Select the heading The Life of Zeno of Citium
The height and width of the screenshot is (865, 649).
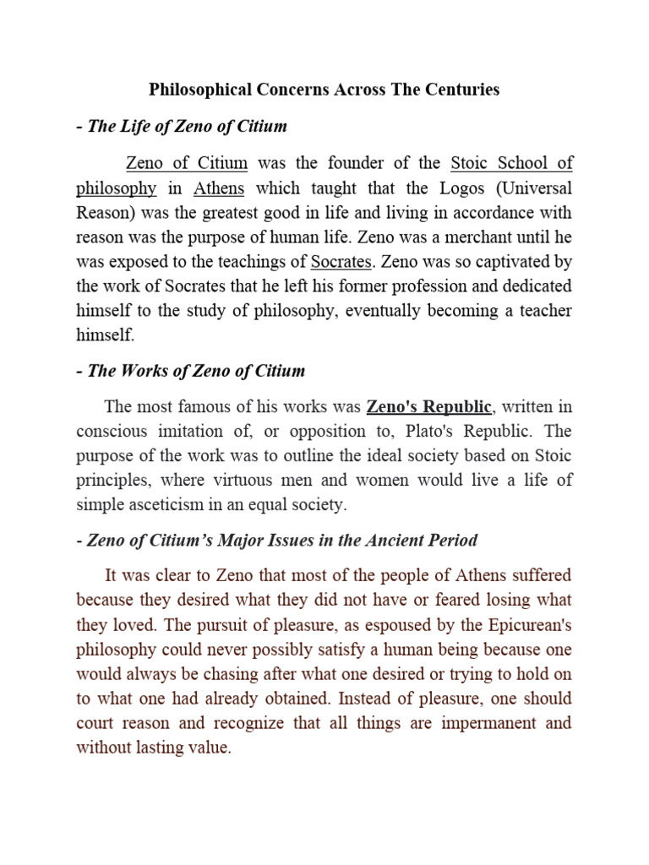click(x=187, y=127)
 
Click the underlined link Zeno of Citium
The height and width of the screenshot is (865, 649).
click(x=186, y=163)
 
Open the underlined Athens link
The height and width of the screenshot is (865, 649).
click(x=219, y=188)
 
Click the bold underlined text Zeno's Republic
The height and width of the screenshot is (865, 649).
click(x=428, y=408)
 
